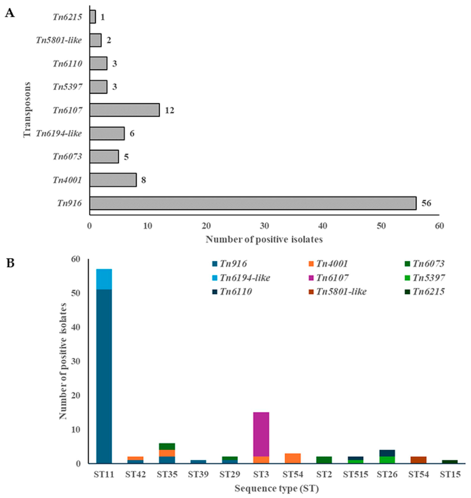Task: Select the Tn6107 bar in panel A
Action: pyautogui.click(x=124, y=110)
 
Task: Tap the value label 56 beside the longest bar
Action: pyautogui.click(x=426, y=203)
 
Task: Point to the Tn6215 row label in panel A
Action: pyautogui.click(x=67, y=17)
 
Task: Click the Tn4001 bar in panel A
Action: pyautogui.click(x=113, y=180)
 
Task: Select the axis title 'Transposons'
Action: pyautogui.click(x=27, y=110)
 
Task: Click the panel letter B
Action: pyautogui.click(x=10, y=264)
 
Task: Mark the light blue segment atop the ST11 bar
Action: pyautogui.click(x=104, y=279)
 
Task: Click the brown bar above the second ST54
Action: pyautogui.click(x=418, y=460)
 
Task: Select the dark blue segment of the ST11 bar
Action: pyautogui.click(x=104, y=376)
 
